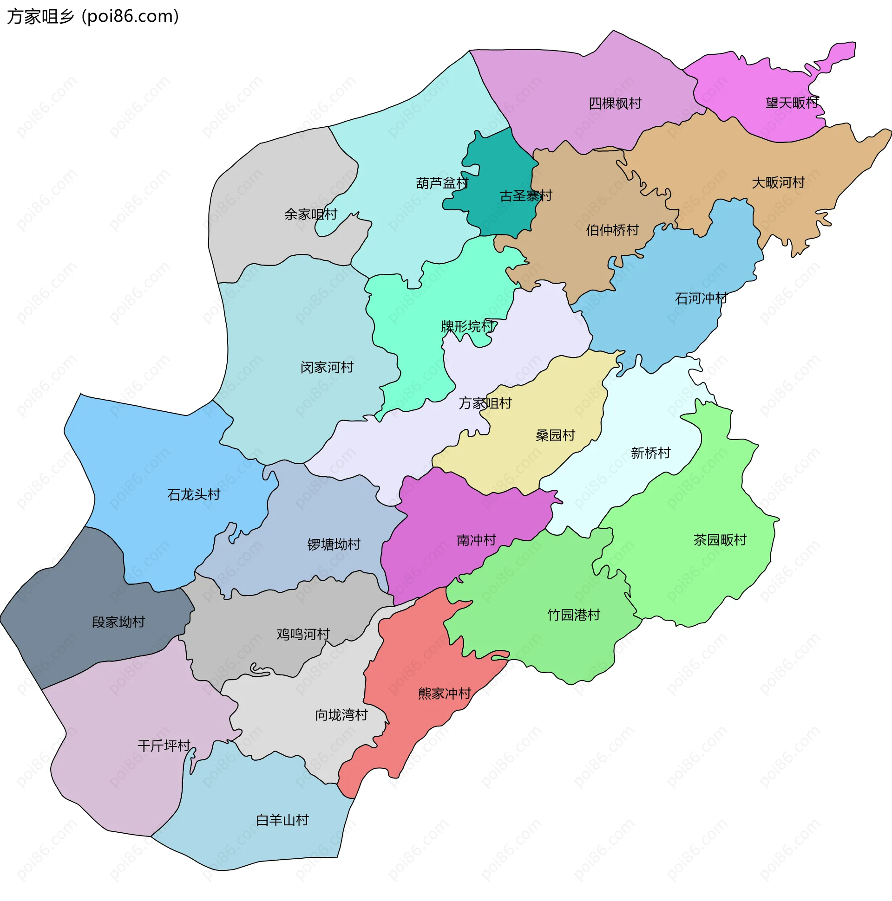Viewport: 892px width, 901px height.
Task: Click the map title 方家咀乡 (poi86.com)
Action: point(92,16)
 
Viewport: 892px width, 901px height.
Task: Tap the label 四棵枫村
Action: point(615,103)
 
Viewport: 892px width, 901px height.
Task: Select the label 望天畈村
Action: point(792,103)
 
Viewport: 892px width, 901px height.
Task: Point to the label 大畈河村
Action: point(778,182)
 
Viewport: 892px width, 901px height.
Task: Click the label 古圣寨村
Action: point(525,195)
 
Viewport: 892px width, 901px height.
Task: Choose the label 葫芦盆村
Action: point(442,183)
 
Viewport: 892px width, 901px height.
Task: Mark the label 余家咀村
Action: point(310,214)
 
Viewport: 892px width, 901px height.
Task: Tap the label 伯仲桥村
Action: point(612,230)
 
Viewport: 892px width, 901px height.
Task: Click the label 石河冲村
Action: point(701,298)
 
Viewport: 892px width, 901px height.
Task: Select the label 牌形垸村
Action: point(467,326)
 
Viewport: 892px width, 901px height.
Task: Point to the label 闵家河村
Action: point(327,367)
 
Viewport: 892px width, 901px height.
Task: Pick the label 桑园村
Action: point(555,435)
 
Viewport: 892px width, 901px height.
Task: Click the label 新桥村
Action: point(650,453)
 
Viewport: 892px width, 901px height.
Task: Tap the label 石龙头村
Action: point(194,494)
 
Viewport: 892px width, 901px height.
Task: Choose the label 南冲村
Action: point(476,540)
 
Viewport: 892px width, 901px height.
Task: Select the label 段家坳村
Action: point(118,622)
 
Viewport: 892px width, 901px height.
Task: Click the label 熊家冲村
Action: point(444,694)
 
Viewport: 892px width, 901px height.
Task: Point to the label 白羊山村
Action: point(282,820)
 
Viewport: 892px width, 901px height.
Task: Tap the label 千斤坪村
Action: point(164,745)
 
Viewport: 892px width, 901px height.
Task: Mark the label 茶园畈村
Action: point(720,539)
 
